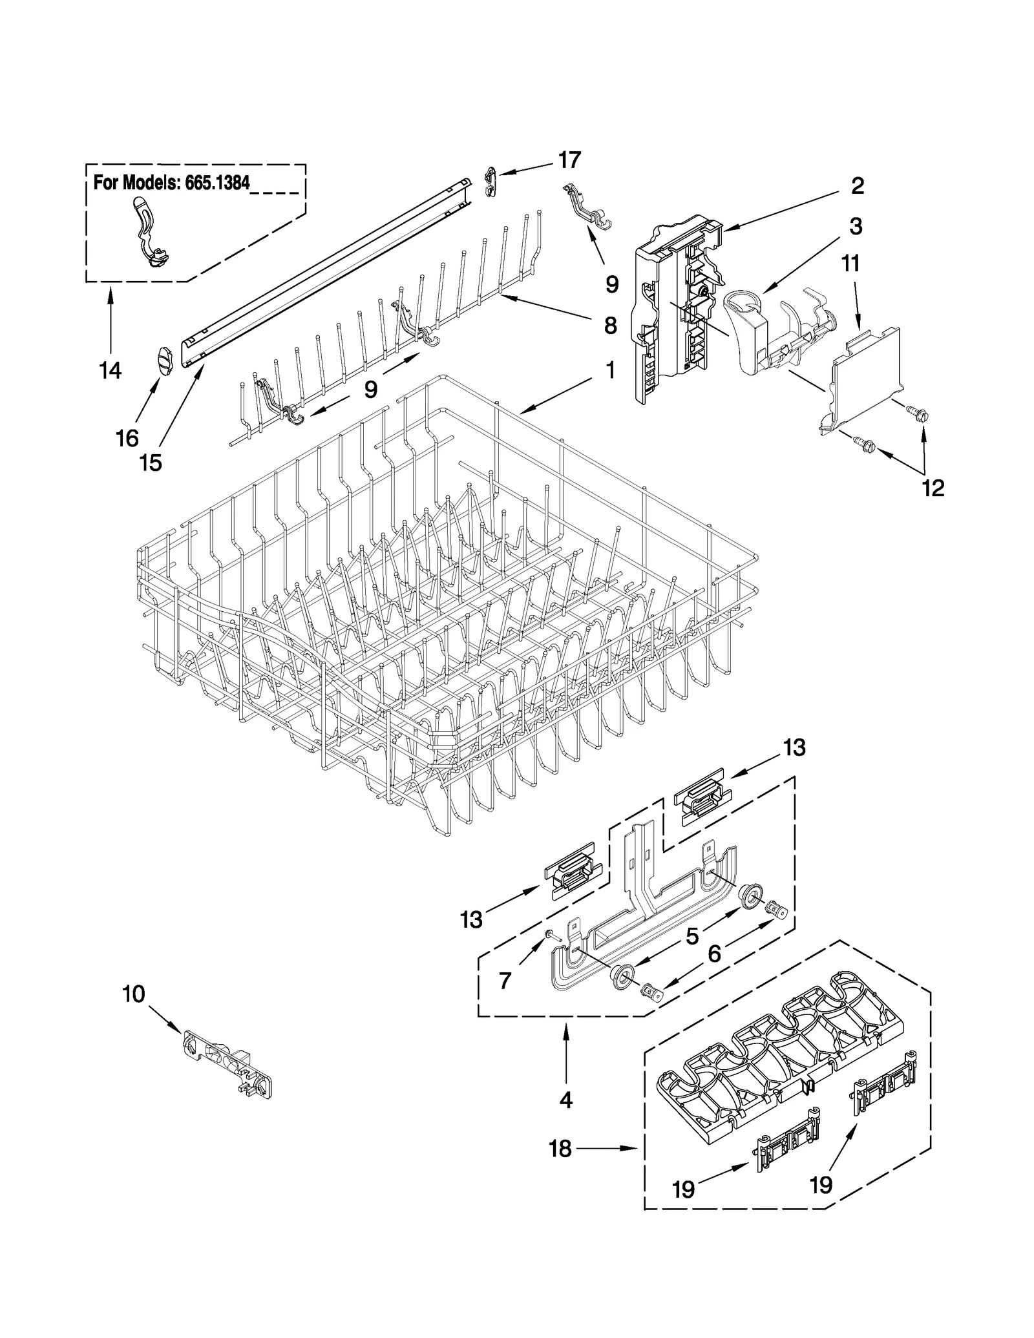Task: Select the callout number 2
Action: (x=857, y=186)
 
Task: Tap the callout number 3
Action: (x=856, y=227)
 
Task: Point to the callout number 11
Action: (x=850, y=264)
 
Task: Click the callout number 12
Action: (x=933, y=488)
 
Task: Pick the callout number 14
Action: (x=111, y=371)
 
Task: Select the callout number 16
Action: (x=127, y=438)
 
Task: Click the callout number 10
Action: (x=134, y=994)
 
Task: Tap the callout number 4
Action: (x=566, y=1100)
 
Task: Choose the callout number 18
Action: (x=560, y=1149)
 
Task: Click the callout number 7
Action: (x=505, y=981)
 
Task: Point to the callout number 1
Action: (x=610, y=371)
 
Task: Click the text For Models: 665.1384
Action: (x=171, y=183)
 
